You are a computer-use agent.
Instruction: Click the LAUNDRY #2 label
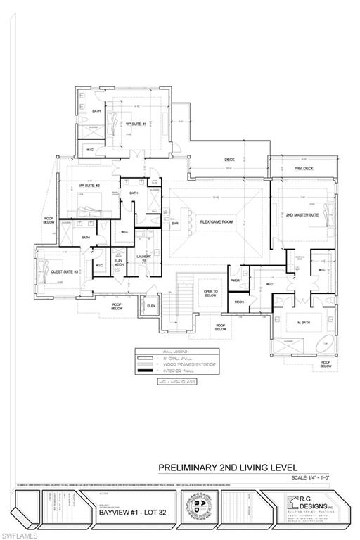144,259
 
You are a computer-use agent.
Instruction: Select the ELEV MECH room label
119,264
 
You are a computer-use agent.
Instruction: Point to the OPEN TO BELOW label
210,293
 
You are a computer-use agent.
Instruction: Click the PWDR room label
235,280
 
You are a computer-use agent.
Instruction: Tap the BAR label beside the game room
175,224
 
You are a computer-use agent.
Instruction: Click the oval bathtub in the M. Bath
325,345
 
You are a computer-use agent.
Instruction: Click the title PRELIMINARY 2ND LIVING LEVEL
228,467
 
